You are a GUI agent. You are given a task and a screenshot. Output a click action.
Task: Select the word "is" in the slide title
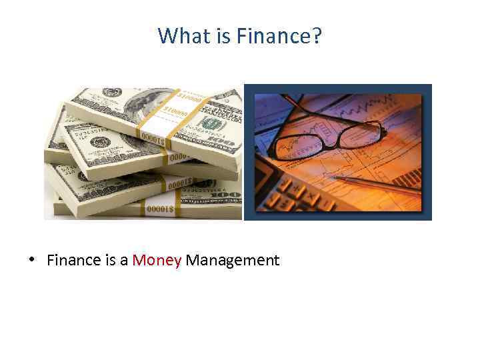221,36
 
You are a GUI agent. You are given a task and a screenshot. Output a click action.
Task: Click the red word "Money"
157,260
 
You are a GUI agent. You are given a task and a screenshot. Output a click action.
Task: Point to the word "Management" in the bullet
233,260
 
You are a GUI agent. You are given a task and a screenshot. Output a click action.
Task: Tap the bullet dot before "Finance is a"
32,261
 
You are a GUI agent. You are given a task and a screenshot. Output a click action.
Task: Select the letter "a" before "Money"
124,261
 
